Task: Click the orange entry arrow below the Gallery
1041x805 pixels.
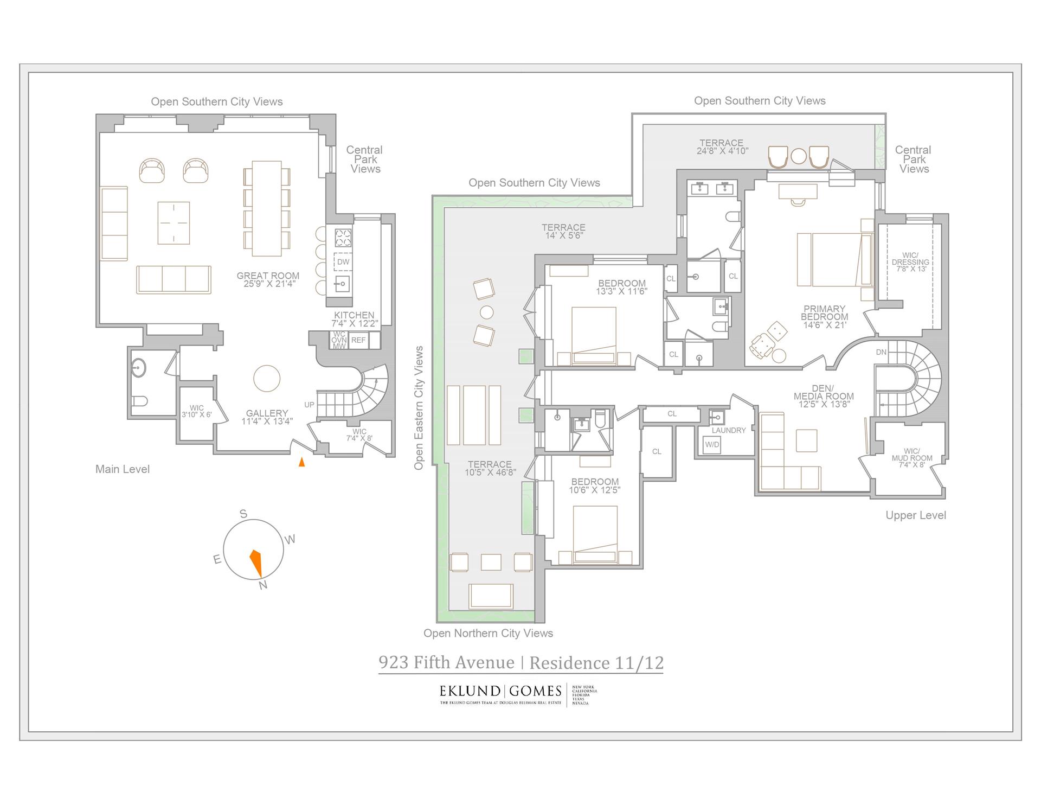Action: [302, 462]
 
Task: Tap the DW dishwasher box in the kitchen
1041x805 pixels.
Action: [343, 262]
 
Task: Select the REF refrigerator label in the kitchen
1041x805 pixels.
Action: [358, 340]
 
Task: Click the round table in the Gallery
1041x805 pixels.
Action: [267, 378]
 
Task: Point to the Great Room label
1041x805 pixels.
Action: [268, 279]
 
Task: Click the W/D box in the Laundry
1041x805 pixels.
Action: [712, 445]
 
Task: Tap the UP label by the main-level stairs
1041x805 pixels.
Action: [309, 405]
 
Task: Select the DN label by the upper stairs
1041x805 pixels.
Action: [881, 352]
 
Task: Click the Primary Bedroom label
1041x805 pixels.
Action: [824, 317]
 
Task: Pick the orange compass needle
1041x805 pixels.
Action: [256, 563]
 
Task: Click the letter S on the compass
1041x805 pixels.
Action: [243, 514]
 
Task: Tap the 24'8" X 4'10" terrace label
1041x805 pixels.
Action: [721, 147]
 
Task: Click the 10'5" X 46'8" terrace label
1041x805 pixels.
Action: [490, 468]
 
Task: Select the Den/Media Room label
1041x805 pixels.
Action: [824, 396]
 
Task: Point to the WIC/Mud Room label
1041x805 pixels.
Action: [911, 458]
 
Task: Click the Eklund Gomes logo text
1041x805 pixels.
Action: [500, 691]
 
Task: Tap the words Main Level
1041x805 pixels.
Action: [123, 469]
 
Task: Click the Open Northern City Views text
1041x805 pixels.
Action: [488, 633]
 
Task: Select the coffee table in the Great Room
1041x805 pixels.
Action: [173, 223]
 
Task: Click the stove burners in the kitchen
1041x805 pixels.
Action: [343, 237]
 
